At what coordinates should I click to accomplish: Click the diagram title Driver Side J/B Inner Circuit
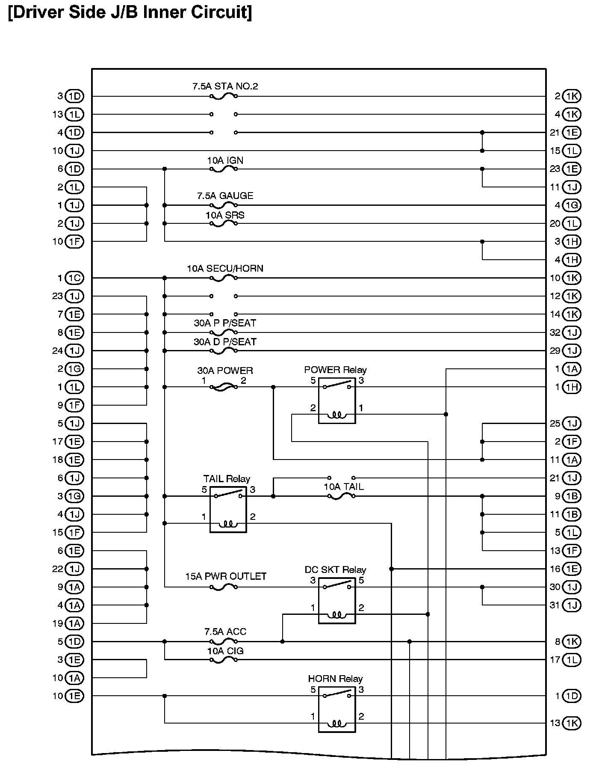pos(130,12)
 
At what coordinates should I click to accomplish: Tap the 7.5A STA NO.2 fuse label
pos(225,86)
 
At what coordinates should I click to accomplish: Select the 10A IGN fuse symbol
pos(224,169)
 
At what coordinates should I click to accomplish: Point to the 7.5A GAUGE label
pos(225,196)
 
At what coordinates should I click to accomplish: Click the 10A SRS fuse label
pos(225,215)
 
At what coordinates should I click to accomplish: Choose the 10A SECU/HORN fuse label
pos(225,269)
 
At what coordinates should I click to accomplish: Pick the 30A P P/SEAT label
pos(225,323)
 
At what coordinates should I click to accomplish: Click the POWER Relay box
pos(337,400)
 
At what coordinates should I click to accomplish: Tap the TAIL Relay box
pos(228,510)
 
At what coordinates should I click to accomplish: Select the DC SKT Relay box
pos(337,600)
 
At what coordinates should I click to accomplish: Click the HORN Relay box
pos(337,709)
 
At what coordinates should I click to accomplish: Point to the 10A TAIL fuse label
pos(343,487)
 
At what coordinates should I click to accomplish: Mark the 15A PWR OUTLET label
pos(226,576)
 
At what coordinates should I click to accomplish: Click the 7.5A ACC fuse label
pos(225,632)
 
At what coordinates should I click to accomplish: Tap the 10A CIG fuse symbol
pos(224,660)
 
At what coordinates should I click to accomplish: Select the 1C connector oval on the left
pos(74,278)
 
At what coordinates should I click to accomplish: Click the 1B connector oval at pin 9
pos(572,496)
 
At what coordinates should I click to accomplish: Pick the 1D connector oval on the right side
pos(572,696)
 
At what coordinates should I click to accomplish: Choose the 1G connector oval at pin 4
pos(572,205)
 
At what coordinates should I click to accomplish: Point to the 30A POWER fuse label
pos(225,371)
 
